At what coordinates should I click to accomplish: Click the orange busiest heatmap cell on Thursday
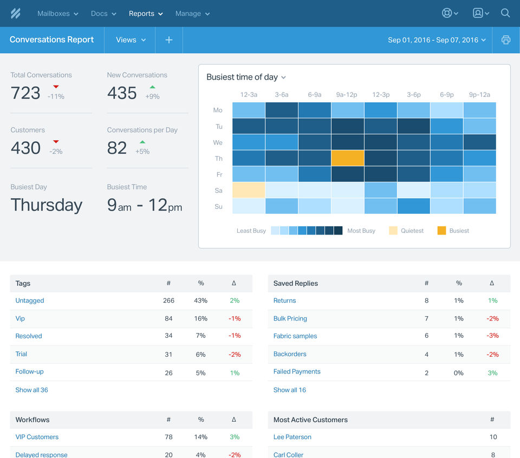pyautogui.click(x=347, y=158)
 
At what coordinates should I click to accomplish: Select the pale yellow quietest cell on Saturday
pyautogui.click(x=249, y=190)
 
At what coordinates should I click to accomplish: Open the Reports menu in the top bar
pyautogui.click(x=146, y=14)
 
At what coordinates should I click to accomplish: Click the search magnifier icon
pyautogui.click(x=505, y=14)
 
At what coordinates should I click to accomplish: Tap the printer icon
pyautogui.click(x=506, y=40)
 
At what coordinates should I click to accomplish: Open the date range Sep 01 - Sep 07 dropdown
pyautogui.click(x=437, y=40)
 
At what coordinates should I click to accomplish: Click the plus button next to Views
pyautogui.click(x=169, y=40)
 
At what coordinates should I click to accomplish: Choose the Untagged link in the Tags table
pyautogui.click(x=30, y=300)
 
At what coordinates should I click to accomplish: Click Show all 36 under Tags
pyautogui.click(x=32, y=390)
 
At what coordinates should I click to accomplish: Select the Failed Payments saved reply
pyautogui.click(x=297, y=371)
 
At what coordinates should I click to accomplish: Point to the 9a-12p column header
pyautogui.click(x=347, y=95)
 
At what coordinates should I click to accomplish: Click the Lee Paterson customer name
pyautogui.click(x=292, y=437)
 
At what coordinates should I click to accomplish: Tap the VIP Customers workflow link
pyautogui.click(x=37, y=437)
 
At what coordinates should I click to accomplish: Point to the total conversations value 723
pyautogui.click(x=25, y=93)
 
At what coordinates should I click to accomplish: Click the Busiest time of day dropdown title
pyautogui.click(x=246, y=77)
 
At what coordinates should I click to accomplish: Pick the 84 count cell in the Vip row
pyautogui.click(x=168, y=318)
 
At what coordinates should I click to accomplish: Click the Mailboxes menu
pyautogui.click(x=57, y=14)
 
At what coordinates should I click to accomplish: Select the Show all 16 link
pyautogui.click(x=290, y=390)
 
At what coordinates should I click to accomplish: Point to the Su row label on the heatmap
pyautogui.click(x=218, y=206)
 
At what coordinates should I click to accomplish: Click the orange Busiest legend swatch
pyautogui.click(x=441, y=231)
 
